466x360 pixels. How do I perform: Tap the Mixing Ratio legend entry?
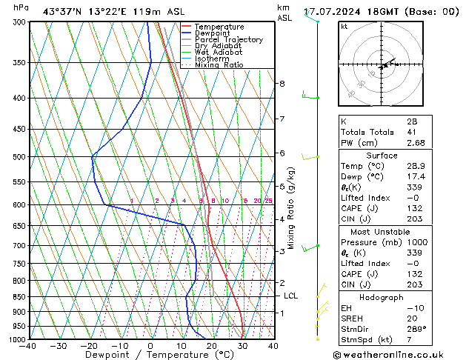(219, 65)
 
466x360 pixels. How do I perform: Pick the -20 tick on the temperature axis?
(88, 345)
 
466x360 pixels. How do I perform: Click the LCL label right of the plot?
(291, 296)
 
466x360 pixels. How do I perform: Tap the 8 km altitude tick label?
(282, 84)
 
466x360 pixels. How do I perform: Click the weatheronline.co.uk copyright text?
(394, 354)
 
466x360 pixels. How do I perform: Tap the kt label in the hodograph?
(344, 27)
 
